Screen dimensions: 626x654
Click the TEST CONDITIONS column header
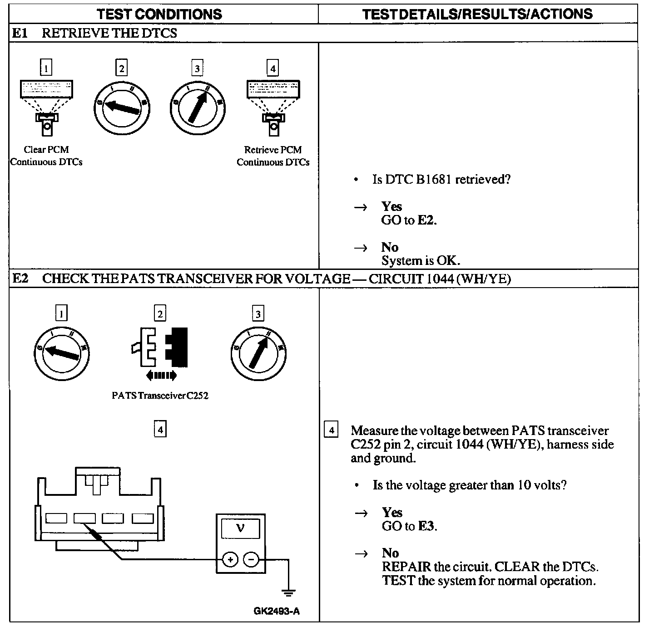(159, 14)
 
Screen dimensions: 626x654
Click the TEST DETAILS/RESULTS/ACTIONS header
(477, 14)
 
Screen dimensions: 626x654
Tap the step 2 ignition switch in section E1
(122, 107)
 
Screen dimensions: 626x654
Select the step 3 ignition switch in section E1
(198, 107)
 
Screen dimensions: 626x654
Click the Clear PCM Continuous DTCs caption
(46, 156)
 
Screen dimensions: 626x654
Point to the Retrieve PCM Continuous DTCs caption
(273, 156)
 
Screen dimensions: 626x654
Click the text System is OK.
(421, 261)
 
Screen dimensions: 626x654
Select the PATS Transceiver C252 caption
(160, 396)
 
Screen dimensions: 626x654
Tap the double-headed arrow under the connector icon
(161, 375)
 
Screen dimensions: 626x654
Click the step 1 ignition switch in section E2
(62, 352)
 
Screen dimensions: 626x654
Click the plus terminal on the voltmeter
(231, 560)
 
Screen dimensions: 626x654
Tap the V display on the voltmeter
(240, 529)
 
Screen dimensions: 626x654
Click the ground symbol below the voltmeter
(288, 592)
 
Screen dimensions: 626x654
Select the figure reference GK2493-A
(277, 611)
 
